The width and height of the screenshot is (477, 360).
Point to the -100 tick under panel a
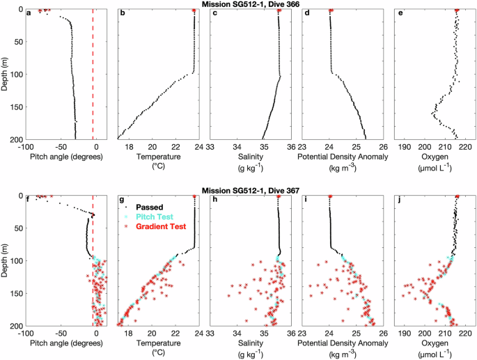tap(26, 147)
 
